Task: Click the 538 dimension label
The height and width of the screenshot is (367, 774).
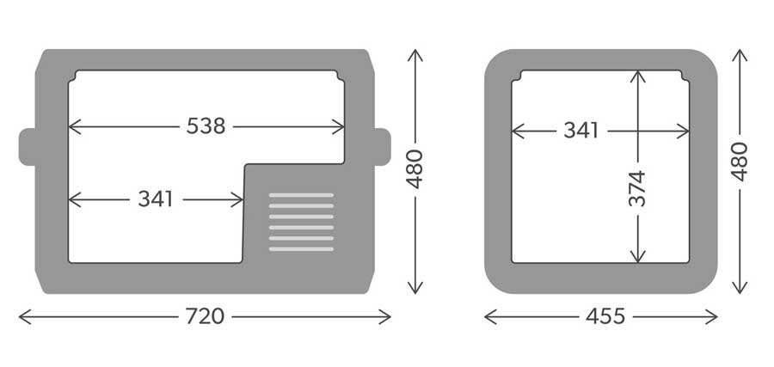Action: tap(206, 126)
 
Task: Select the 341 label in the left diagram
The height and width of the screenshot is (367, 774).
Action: tap(156, 199)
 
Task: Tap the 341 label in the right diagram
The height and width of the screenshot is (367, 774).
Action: tap(581, 131)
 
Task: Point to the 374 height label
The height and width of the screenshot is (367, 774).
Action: tap(637, 188)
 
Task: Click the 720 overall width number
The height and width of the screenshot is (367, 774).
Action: tap(205, 316)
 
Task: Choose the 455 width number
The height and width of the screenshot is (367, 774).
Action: tap(605, 316)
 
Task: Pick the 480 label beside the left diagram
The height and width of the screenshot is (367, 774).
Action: tap(415, 169)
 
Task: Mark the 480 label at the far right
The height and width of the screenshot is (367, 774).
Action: tap(740, 162)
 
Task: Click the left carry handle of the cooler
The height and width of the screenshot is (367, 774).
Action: tap(28, 147)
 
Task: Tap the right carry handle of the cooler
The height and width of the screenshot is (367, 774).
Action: tap(383, 147)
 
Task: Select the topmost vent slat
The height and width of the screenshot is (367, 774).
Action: tap(301, 195)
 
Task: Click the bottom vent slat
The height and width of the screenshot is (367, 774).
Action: tap(301, 249)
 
